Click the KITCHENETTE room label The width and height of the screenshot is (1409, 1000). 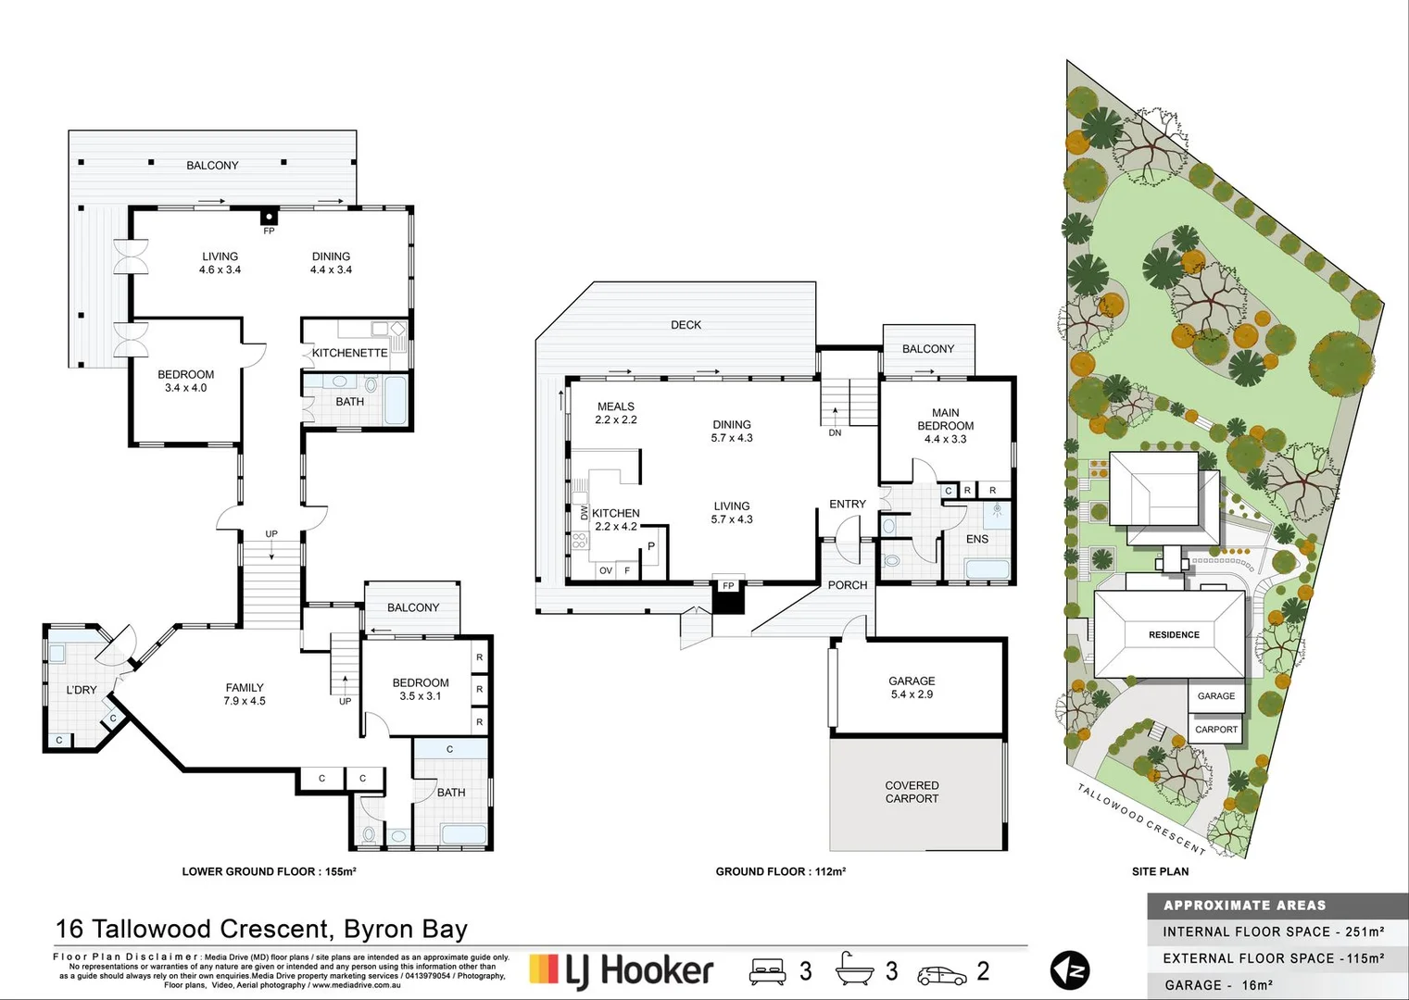349,353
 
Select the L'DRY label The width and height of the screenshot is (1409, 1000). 82,690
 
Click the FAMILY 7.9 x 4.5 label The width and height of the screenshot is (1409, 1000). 245,694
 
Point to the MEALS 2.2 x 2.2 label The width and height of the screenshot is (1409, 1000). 616,413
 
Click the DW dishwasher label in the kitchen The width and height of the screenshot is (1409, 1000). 585,512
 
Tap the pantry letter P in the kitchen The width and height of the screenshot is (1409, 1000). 651,546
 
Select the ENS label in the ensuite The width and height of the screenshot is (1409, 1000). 977,539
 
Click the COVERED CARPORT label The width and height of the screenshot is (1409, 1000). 912,792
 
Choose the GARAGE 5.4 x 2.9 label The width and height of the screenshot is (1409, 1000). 912,687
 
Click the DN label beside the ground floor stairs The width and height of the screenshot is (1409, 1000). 835,432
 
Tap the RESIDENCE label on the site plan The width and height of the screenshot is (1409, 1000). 1174,635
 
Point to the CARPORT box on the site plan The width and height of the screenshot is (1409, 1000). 1216,730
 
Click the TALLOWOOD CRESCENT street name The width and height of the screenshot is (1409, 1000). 1141,819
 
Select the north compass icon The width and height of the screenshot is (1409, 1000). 1069,970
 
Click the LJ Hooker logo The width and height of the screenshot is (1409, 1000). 621,970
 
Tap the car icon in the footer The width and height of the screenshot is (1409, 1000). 941,974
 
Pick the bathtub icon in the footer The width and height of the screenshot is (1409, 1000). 854,969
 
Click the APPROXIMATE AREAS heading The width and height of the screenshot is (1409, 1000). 1244,906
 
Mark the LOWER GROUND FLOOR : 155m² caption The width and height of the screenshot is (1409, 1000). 269,871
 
